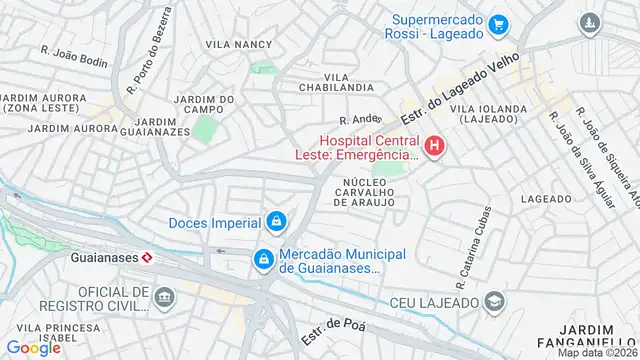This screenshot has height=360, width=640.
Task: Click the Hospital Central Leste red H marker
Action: coord(434,148)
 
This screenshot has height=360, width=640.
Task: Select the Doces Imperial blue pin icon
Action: coord(276,222)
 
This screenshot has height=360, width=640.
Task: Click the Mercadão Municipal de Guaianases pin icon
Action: coord(262,259)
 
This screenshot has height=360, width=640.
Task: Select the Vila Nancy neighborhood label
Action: coord(239,45)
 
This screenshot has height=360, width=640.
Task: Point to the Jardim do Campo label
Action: coord(204,105)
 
